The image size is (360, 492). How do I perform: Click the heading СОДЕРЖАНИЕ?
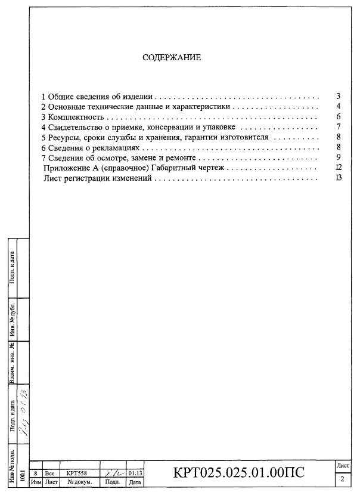tap(172, 58)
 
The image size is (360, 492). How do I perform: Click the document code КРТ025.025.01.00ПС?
tap(238, 473)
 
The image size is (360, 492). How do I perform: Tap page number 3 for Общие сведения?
tap(338, 96)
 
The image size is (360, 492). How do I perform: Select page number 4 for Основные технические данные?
tap(338, 106)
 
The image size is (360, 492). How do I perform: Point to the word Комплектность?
tap(76, 116)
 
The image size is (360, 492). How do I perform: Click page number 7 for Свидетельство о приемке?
tap(338, 126)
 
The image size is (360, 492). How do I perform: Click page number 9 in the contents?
tap(338, 157)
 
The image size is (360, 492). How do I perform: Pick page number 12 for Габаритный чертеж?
tap(338, 168)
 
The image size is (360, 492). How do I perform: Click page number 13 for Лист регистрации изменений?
tap(338, 178)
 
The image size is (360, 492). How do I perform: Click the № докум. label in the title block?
tap(79, 481)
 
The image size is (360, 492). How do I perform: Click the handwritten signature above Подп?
tap(111, 471)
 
